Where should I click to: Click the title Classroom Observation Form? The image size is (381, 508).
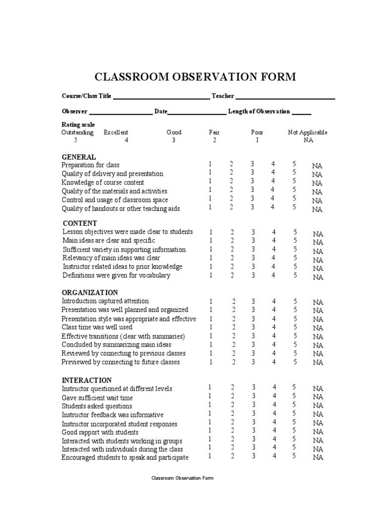(x=195, y=77)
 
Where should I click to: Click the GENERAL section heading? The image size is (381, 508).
(x=78, y=157)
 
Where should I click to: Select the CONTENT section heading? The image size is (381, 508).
(x=80, y=223)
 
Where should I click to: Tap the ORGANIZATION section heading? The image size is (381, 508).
(x=90, y=292)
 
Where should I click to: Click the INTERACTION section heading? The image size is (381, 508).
(x=87, y=380)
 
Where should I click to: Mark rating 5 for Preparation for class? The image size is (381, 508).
(x=294, y=164)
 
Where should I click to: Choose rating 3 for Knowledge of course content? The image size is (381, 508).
(x=252, y=182)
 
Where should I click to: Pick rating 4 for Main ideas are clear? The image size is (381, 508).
(x=273, y=241)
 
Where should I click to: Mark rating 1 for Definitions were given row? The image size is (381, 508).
(x=210, y=275)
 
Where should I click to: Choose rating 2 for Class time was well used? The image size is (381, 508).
(x=233, y=327)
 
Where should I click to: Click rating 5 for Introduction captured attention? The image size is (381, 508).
(x=295, y=301)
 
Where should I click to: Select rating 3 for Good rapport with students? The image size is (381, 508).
(x=253, y=431)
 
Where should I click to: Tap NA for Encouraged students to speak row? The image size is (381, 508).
(x=317, y=458)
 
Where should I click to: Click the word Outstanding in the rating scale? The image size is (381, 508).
(x=77, y=132)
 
